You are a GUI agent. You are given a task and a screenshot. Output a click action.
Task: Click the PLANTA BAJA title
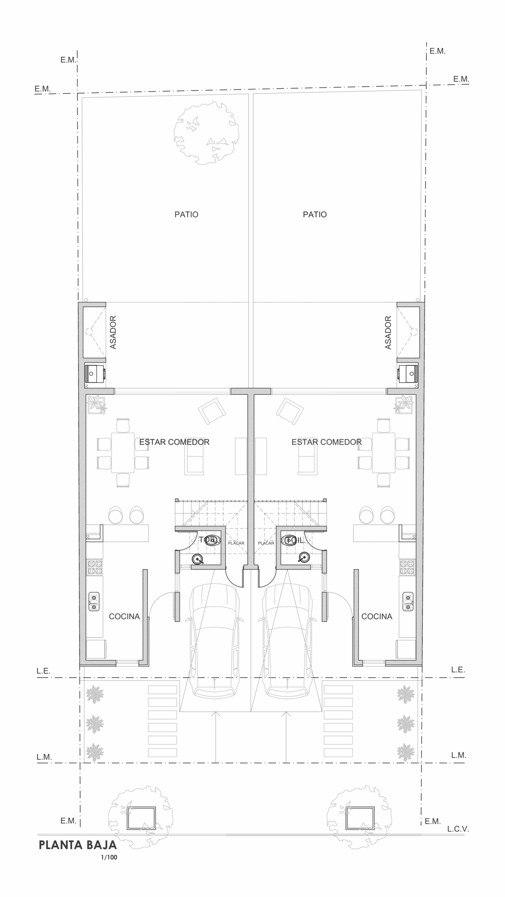pyautogui.click(x=78, y=845)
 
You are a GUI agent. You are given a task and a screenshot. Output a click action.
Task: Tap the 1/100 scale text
pyautogui.click(x=109, y=857)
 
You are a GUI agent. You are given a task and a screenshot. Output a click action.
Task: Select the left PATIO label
pyautogui.click(x=186, y=214)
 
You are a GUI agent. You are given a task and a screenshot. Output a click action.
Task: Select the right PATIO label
pyautogui.click(x=315, y=214)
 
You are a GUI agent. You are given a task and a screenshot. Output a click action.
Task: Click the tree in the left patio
pyautogui.click(x=207, y=133)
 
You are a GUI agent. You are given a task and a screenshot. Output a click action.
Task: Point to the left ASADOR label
pyautogui.click(x=113, y=332)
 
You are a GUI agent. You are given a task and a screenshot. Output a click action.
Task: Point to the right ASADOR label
pyautogui.click(x=388, y=332)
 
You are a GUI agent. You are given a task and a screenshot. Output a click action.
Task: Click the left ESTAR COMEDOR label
pyautogui.click(x=174, y=442)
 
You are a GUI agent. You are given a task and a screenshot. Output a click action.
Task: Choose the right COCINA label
pyautogui.click(x=377, y=616)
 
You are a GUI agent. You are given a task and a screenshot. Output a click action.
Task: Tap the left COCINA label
pyautogui.click(x=124, y=616)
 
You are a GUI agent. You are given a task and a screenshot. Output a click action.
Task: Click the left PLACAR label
pyautogui.click(x=236, y=543)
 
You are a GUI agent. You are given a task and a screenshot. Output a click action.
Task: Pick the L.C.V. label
pyautogui.click(x=458, y=829)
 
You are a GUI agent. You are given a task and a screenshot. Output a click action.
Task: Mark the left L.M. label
pyautogui.click(x=44, y=757)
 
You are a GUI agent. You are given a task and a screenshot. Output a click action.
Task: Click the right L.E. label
pyautogui.click(x=458, y=670)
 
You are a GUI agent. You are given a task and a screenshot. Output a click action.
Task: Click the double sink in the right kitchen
pyautogui.click(x=408, y=602)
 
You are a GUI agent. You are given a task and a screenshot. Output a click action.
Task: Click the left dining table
pyautogui.click(x=123, y=453)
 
